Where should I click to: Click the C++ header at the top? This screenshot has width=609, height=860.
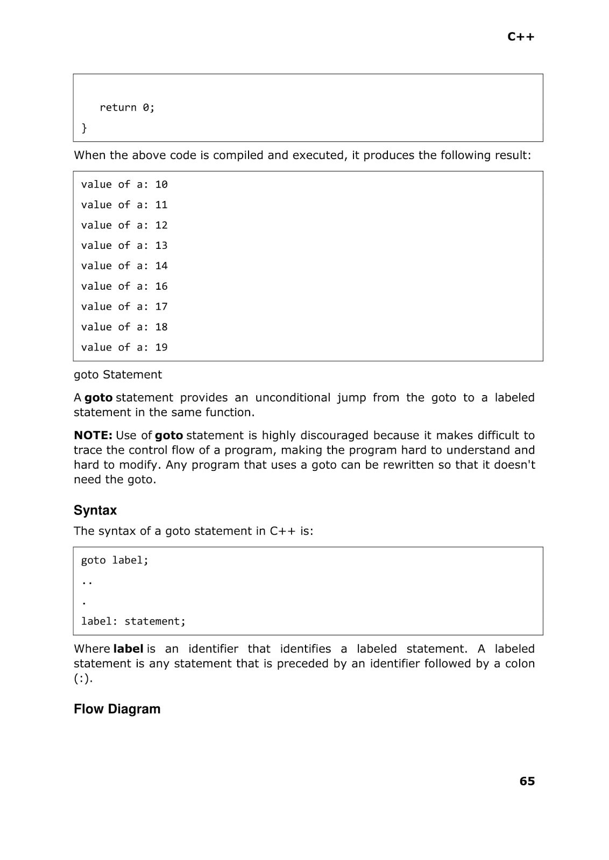tap(521, 37)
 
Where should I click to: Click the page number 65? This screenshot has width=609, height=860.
tap(527, 781)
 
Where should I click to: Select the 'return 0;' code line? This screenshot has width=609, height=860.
tap(127, 107)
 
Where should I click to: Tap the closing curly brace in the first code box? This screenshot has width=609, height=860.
tap(84, 128)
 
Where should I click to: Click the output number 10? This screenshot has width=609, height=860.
tap(161, 184)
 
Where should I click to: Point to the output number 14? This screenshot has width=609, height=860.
tap(161, 266)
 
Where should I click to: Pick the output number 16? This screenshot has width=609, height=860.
tap(161, 286)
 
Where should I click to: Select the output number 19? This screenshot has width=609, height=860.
tap(161, 347)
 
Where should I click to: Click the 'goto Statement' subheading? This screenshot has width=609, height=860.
tap(118, 375)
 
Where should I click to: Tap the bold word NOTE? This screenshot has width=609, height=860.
tap(93, 435)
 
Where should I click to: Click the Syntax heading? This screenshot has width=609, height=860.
tap(95, 510)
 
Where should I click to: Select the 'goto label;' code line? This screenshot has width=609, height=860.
tap(115, 560)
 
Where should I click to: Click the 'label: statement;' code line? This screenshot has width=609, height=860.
tap(133, 621)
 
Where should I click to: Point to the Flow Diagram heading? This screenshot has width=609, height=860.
tap(117, 709)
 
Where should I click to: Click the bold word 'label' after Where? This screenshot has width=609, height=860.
tap(128, 649)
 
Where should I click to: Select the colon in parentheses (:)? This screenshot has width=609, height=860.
tap(83, 678)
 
